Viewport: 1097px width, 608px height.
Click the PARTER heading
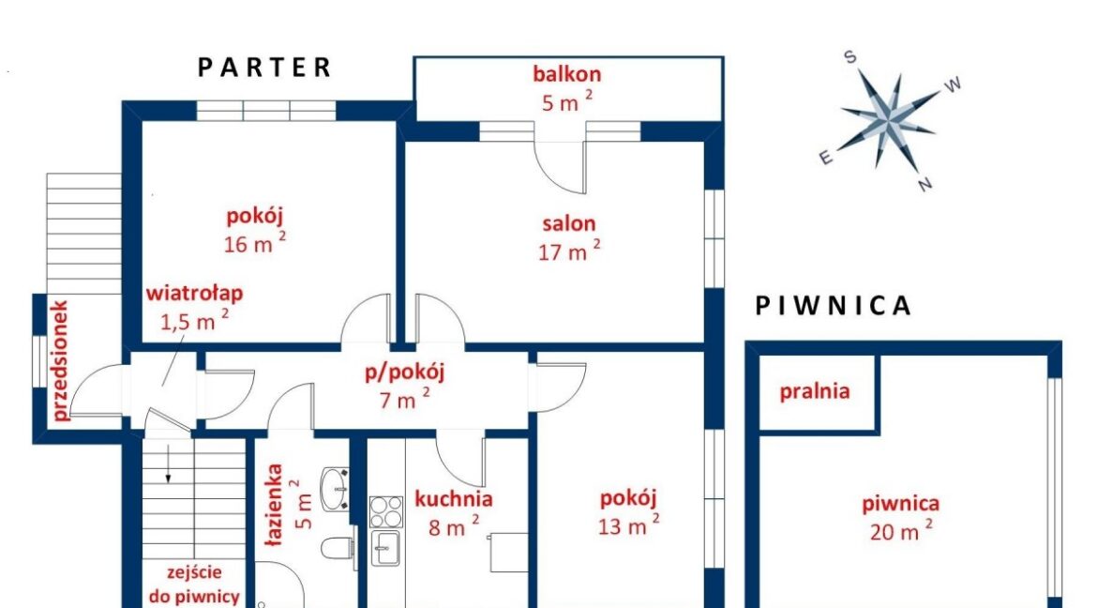(263, 68)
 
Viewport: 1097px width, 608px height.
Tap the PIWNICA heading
(833, 305)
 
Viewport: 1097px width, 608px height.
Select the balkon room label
(566, 73)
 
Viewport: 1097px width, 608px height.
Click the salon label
(569, 223)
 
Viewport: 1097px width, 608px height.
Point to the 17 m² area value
(569, 251)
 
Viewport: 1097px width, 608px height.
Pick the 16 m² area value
(255, 242)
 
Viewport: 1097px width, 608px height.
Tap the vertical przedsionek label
(60, 360)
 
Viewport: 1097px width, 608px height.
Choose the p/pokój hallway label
(404, 372)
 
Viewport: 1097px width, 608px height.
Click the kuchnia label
(454, 499)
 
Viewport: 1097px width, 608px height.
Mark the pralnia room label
(815, 391)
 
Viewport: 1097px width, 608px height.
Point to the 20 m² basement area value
(900, 530)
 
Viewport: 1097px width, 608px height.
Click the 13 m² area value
(628, 524)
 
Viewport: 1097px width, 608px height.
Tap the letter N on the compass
(924, 184)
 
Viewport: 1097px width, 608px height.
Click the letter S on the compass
(850, 57)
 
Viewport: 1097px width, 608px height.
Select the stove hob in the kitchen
(386, 512)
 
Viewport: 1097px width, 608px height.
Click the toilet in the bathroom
(338, 549)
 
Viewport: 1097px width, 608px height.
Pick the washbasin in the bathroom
(335, 488)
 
